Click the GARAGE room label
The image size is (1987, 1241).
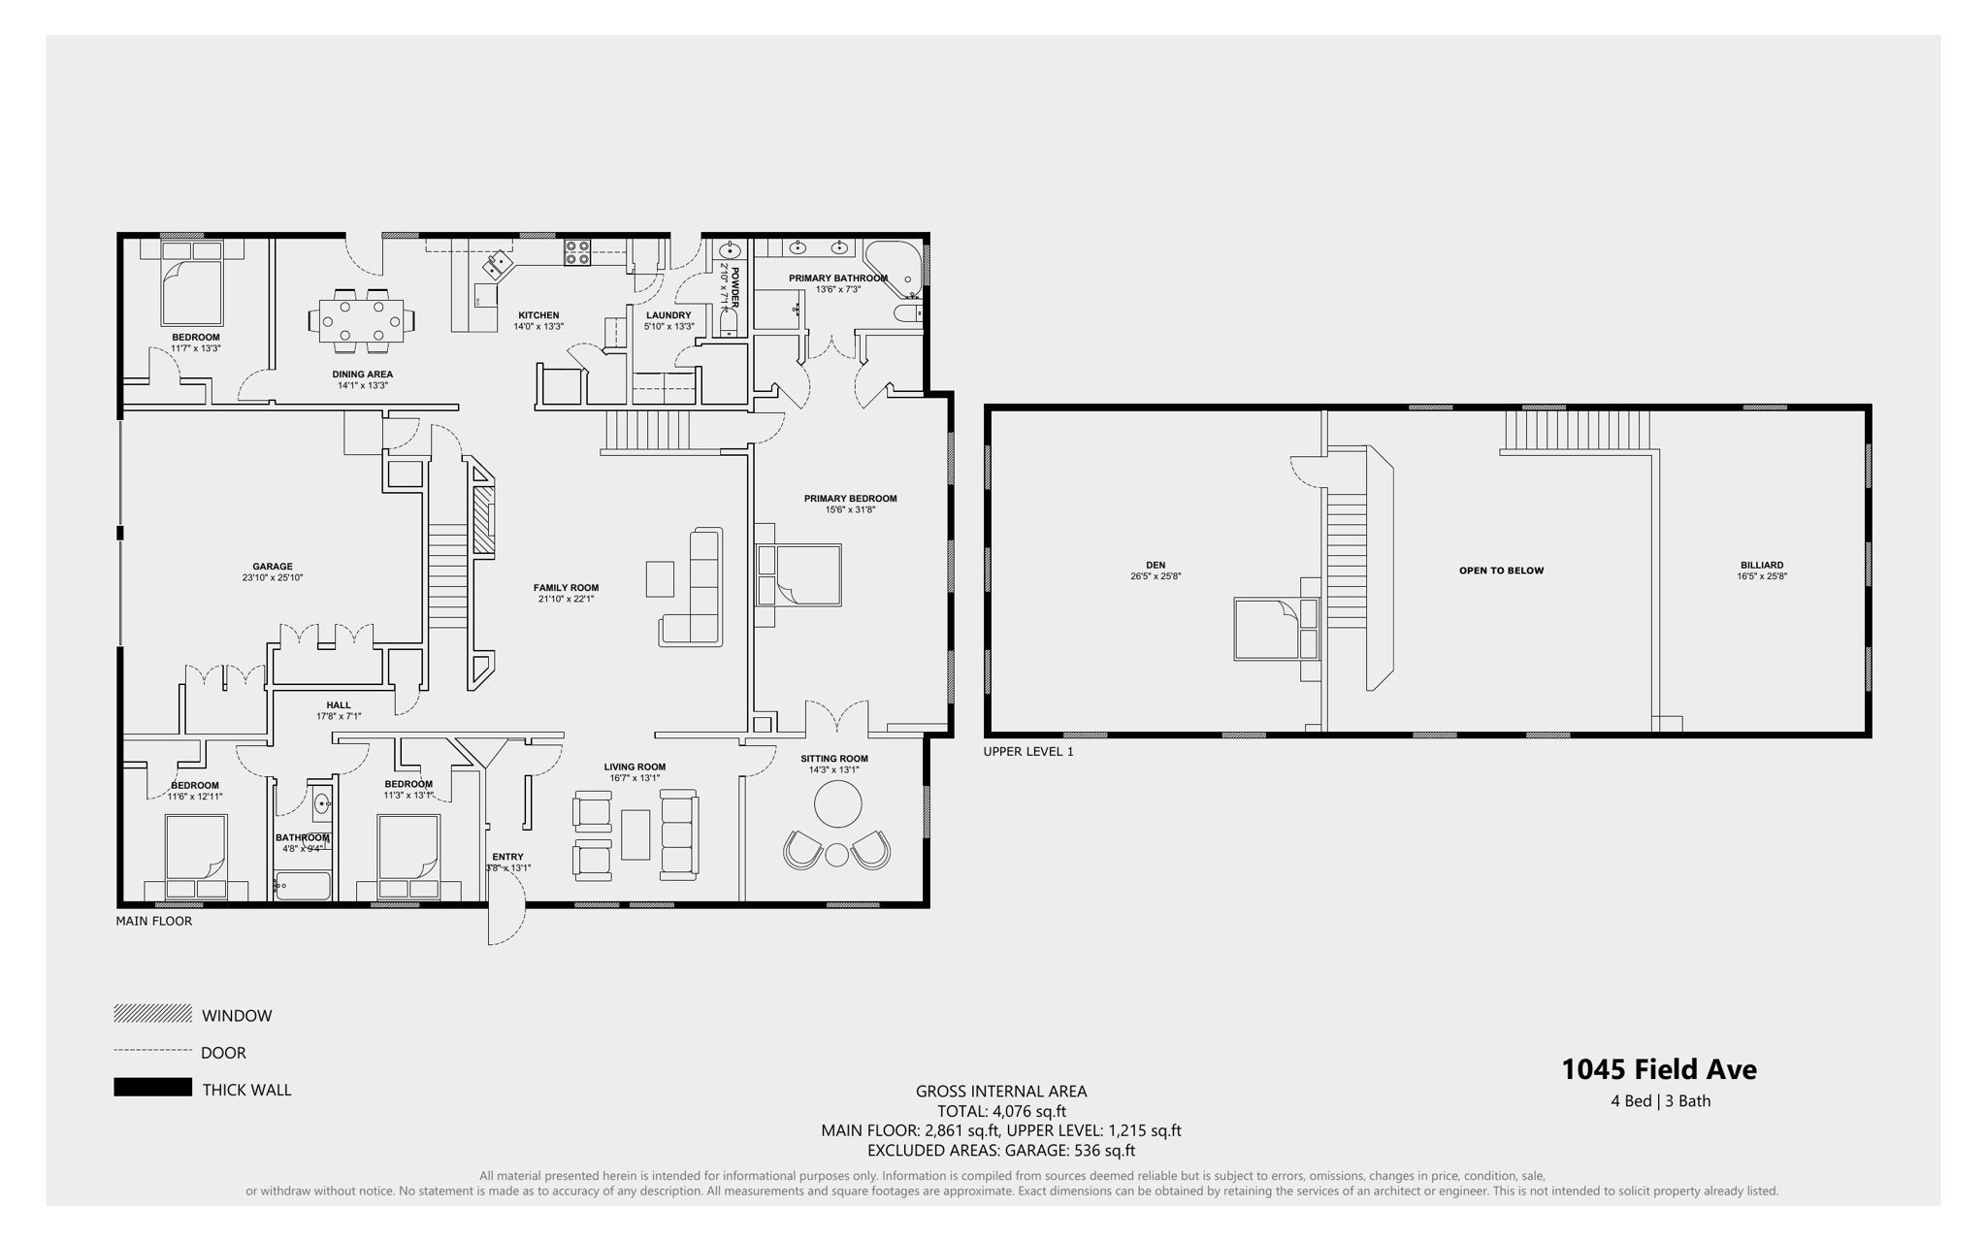click(273, 567)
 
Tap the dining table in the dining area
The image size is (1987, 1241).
click(359, 318)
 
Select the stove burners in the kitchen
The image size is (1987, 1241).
click(577, 252)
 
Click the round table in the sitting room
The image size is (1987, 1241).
click(837, 804)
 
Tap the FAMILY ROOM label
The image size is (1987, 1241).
click(566, 588)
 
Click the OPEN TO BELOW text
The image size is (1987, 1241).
click(1501, 571)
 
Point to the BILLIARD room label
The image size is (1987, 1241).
click(1761, 565)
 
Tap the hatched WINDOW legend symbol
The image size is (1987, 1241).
click(152, 1014)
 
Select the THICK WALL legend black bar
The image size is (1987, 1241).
click(152, 1088)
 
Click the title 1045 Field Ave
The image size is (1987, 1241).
click(1658, 1069)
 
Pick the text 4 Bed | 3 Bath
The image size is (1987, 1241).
click(1660, 1101)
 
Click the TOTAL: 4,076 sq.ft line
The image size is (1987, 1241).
click(1000, 1111)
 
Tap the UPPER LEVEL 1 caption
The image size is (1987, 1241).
click(1027, 751)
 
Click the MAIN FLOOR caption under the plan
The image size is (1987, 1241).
click(153, 921)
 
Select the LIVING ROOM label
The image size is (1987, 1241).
click(635, 767)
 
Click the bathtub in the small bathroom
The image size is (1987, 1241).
click(304, 885)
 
